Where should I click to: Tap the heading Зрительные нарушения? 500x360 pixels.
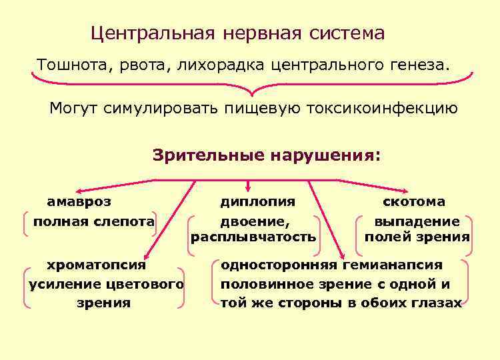coord(267,155)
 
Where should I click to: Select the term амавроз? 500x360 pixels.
coord(79,201)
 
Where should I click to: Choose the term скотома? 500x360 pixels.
coord(413,201)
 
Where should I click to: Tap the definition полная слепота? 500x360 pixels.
coord(94,221)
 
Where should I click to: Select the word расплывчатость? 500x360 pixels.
coord(253,237)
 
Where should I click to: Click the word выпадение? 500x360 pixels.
coord(417,221)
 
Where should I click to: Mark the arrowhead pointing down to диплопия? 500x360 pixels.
coord(249,187)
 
